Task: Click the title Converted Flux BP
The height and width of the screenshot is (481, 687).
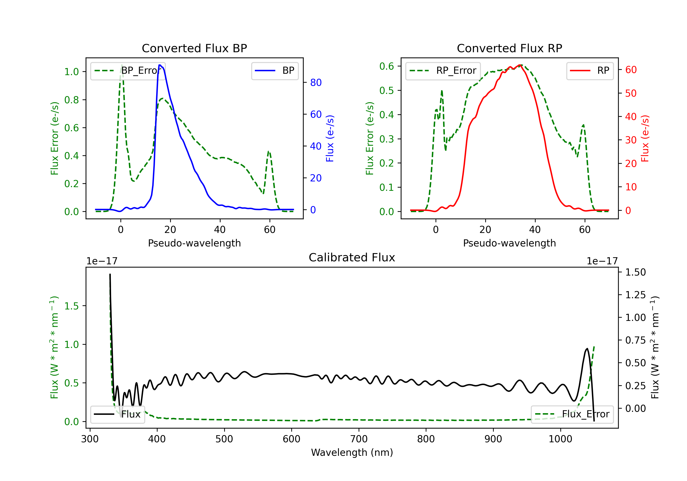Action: [194, 48]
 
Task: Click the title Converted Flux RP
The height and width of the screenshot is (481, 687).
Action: [509, 48]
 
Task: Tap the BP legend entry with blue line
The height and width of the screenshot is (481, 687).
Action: [275, 71]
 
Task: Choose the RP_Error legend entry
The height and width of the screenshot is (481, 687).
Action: [443, 71]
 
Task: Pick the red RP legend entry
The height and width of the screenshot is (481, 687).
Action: [590, 71]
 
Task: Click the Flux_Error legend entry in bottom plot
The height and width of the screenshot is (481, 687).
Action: [572, 414]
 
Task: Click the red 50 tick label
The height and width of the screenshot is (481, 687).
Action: [631, 93]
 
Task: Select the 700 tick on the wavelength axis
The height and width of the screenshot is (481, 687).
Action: [359, 439]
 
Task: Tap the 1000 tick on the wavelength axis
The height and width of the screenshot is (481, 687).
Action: [560, 439]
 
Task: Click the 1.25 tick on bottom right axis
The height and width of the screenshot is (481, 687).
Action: [635, 295]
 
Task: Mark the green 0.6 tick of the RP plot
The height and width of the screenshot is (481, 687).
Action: [387, 66]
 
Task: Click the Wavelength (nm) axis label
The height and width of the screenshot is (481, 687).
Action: [352, 453]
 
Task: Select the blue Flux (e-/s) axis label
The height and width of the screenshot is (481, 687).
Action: [330, 139]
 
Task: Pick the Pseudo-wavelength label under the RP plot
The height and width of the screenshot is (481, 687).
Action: [509, 243]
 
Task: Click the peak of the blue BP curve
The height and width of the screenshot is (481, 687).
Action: [160, 65]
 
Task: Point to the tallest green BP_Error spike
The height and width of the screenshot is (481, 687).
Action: [122, 65]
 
